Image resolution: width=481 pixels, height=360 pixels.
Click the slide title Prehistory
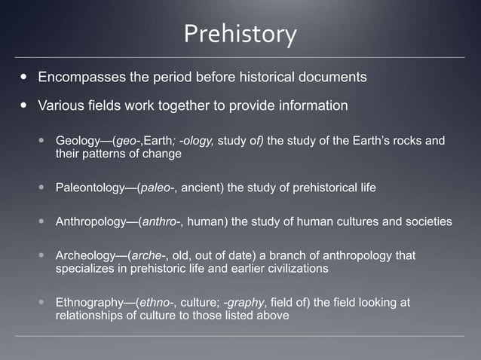pos(240,34)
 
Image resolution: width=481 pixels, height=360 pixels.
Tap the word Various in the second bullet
pos(62,105)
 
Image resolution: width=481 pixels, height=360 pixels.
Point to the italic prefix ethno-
pos(155,303)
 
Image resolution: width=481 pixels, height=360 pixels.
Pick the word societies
pos(428,222)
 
